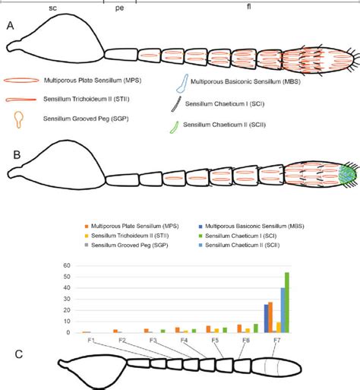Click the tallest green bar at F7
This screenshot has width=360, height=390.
click(286, 303)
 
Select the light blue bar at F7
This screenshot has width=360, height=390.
click(283, 310)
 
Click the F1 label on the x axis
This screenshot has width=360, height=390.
click(90, 340)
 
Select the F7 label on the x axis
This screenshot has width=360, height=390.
click(276, 340)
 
